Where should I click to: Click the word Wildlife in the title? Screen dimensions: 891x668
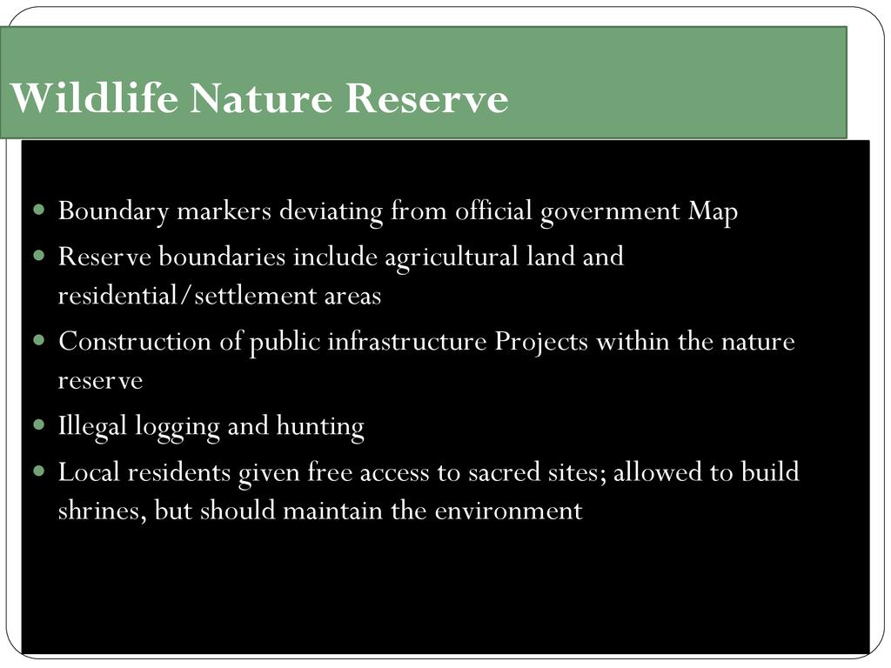pos(94,97)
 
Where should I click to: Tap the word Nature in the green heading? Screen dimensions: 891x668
pos(261,97)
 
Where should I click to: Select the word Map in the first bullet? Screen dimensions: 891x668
pos(713,212)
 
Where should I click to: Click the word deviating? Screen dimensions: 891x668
pos(331,212)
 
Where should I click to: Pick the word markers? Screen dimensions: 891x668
pos(224,210)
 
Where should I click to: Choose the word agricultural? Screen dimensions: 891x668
pos(452,257)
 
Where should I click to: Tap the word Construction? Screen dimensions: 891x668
pos(135,341)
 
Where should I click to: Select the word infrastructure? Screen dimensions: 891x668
pos(407,341)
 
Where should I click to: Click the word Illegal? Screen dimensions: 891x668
pos(92,426)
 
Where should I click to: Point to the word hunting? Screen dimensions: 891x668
pos(320,426)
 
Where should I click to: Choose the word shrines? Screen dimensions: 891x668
pos(98,510)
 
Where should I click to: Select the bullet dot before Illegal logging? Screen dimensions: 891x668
pos(38,424)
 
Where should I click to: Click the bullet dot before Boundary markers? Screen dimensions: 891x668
pos(38,210)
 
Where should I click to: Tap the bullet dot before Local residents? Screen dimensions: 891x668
pos(38,471)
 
